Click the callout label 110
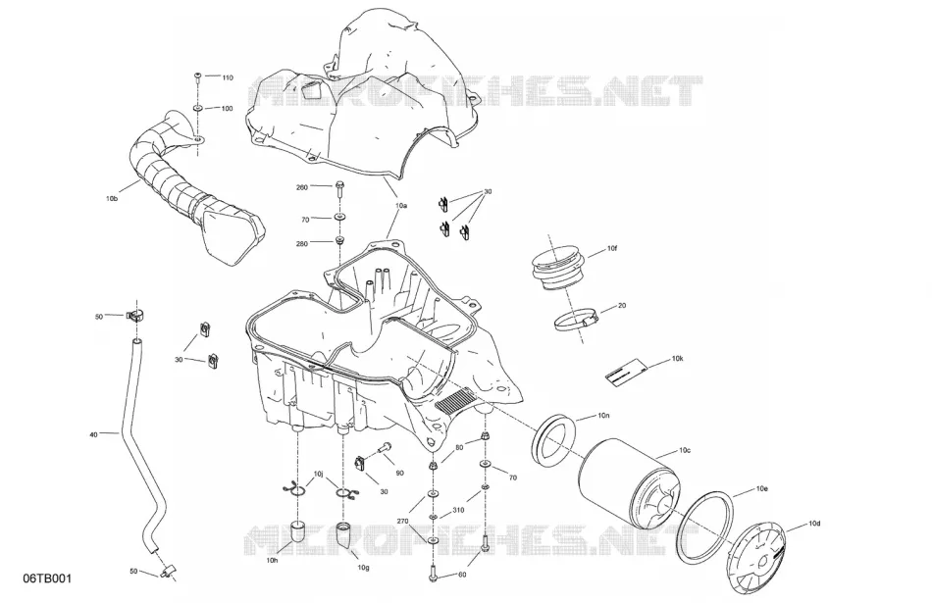tap(228, 77)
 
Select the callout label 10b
tap(112, 199)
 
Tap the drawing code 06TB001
tap(47, 578)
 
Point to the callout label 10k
tap(678, 359)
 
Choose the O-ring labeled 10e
tap(704, 527)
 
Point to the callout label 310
tap(458, 510)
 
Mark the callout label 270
tap(403, 521)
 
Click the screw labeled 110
tap(197, 76)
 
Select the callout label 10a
tap(401, 206)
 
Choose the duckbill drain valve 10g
tap(344, 535)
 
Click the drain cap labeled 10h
tap(298, 531)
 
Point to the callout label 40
tap(93, 435)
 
